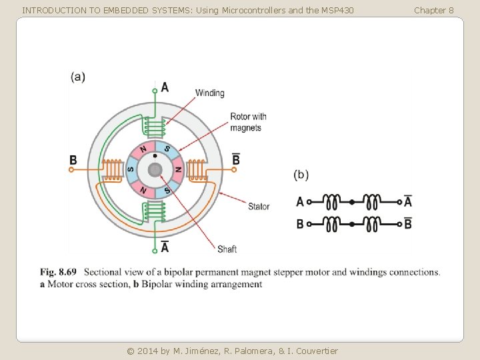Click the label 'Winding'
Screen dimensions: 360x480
(209, 93)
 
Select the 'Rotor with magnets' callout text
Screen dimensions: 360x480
(248, 122)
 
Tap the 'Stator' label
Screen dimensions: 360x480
(259, 207)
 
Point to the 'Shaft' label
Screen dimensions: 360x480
(227, 249)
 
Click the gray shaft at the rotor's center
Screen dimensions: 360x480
(155, 169)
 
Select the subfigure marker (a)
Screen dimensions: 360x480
(78, 76)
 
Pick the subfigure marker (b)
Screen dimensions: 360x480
(301, 175)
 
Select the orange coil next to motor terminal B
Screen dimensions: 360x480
(115, 170)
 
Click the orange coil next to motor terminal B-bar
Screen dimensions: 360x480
(196, 170)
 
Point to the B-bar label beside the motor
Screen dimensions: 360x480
(235, 159)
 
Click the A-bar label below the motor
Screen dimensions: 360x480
(165, 247)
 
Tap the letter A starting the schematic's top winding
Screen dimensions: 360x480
(300, 201)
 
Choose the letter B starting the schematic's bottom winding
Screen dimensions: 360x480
(300, 224)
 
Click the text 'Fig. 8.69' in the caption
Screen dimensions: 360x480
(58, 272)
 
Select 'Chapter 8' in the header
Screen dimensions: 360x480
(433, 10)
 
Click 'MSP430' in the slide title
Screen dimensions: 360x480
(335, 10)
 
